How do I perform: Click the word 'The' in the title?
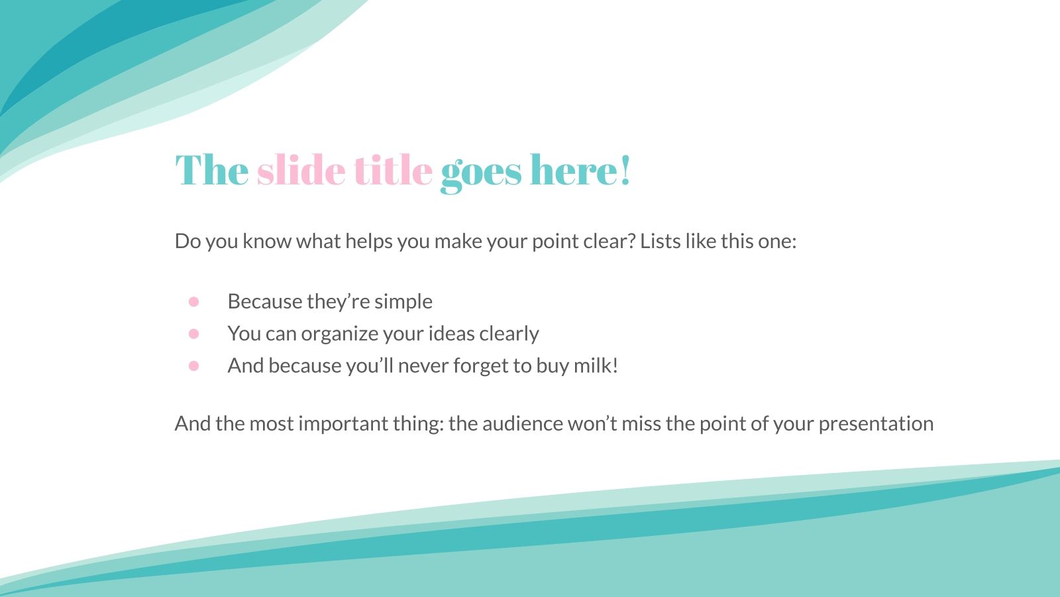pyautogui.click(x=211, y=171)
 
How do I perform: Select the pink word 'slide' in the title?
pyautogui.click(x=301, y=171)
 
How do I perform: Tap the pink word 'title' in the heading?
pyautogui.click(x=393, y=171)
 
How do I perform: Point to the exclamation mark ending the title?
pyautogui.click(x=625, y=171)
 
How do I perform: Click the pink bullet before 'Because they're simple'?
pyautogui.click(x=193, y=302)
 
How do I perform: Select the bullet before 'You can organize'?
pyautogui.click(x=193, y=334)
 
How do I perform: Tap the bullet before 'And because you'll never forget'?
pyautogui.click(x=193, y=365)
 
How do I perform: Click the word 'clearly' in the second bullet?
pyautogui.click(x=508, y=334)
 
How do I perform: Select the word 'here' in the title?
pyautogui.click(x=573, y=171)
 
